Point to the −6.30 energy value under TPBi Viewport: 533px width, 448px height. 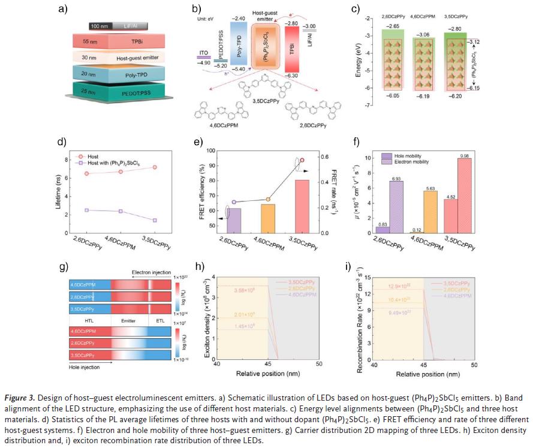coord(293,76)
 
